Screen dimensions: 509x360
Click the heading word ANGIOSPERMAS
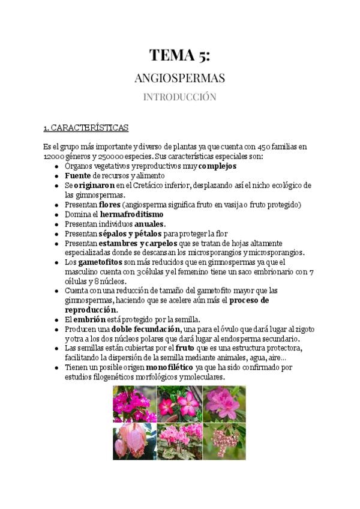[x=180, y=79]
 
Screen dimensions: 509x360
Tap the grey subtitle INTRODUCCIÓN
[x=180, y=97]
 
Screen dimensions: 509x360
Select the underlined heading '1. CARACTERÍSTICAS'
[x=86, y=128]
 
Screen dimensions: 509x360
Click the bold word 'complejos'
[x=218, y=166]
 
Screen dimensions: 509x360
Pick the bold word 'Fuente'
[x=77, y=175]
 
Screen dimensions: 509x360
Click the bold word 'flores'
[x=110, y=205]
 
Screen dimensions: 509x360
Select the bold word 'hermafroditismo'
[x=131, y=214]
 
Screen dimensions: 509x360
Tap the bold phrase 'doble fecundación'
[x=146, y=330]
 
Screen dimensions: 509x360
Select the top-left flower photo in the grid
[x=134, y=403]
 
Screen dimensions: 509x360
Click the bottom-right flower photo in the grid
[x=224, y=441]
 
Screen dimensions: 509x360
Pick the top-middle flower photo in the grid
[x=179, y=403]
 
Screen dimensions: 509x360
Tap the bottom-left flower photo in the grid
[x=134, y=441]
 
